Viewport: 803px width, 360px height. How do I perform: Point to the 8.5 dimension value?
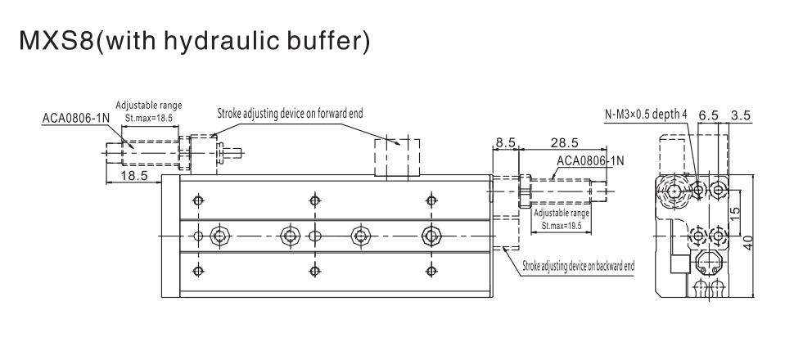(x=505, y=142)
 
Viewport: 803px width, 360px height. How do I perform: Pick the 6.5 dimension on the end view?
(x=709, y=115)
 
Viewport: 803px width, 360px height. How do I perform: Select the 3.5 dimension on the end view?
(x=741, y=115)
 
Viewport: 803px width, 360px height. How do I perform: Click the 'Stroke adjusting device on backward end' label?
(x=579, y=265)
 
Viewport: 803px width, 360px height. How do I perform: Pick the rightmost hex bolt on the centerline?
(x=429, y=236)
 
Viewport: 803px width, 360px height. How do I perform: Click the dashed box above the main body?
(x=398, y=157)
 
